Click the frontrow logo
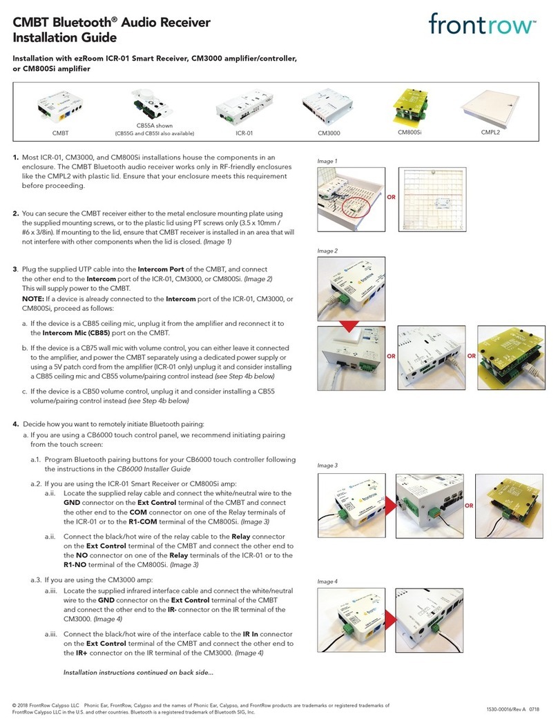pyautogui.click(x=482, y=26)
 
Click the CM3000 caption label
pyautogui.click(x=330, y=133)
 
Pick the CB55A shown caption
pyautogui.click(x=154, y=126)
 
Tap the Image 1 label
pyautogui.click(x=329, y=160)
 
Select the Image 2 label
pyautogui.click(x=329, y=251)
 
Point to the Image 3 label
pyautogui.click(x=329, y=466)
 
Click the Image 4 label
pyautogui.click(x=329, y=582)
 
